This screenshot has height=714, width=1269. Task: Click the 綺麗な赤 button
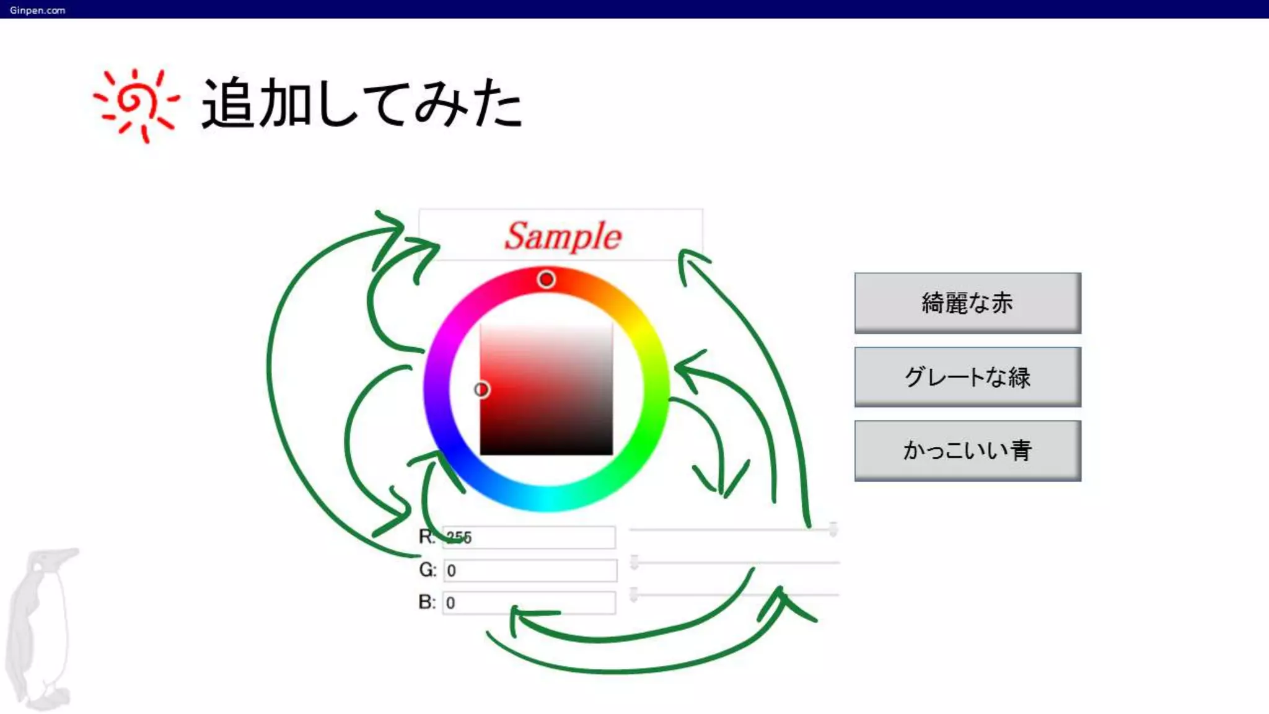[x=967, y=303]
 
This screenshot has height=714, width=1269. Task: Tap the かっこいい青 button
[x=967, y=451]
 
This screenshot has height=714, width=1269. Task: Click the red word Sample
[x=562, y=236]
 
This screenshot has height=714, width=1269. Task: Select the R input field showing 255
[x=529, y=537]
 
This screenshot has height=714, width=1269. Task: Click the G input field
[x=530, y=570]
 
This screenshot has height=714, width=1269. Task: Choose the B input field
[x=529, y=602]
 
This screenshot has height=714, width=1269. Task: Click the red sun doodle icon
[x=136, y=104]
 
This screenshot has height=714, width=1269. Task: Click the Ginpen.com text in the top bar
[x=37, y=10]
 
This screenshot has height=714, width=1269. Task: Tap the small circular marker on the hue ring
[x=546, y=280]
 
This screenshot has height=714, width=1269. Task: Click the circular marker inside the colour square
[x=481, y=389]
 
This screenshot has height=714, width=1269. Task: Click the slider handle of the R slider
[x=833, y=529]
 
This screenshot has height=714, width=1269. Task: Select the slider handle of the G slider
[x=634, y=562]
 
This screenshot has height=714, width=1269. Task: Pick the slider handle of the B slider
[x=633, y=594]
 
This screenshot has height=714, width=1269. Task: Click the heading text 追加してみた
[x=362, y=104]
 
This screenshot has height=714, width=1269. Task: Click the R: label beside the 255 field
[x=427, y=537]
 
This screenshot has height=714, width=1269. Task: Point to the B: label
[x=427, y=602]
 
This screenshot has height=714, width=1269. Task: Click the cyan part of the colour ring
[x=547, y=499]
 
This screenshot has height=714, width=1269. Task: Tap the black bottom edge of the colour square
[x=546, y=451]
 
